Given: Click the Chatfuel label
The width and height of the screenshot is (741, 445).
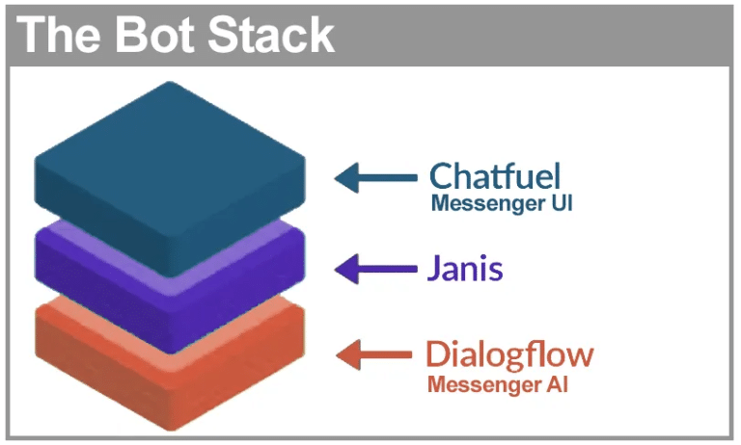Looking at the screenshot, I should [495, 176].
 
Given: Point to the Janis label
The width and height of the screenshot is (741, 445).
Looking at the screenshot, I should [464, 269].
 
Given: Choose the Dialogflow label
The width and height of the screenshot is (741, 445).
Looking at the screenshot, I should [509, 354].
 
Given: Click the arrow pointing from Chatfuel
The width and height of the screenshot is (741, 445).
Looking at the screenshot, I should [375, 177].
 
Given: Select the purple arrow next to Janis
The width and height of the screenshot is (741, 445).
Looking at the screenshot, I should [375, 269].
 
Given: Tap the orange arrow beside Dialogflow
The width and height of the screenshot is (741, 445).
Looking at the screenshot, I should [375, 354].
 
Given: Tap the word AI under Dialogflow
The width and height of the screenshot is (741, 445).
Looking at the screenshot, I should [556, 385].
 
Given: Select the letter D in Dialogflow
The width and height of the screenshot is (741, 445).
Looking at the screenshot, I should [439, 354].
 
